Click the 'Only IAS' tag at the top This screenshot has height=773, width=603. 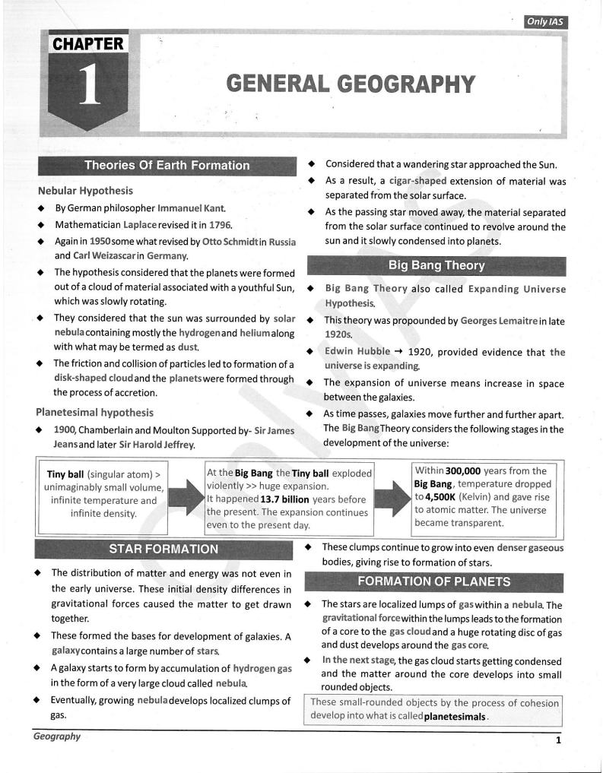546,22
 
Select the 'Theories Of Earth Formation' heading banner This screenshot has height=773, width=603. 167,166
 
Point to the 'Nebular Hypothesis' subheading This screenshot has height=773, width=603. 85,191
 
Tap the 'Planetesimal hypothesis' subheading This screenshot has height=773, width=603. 94,413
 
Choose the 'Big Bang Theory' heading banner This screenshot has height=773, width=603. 436,266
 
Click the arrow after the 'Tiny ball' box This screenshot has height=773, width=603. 186,498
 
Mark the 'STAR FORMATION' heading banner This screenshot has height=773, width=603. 163,549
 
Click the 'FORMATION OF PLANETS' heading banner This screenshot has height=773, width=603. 434,582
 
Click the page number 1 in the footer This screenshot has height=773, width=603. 558,740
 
